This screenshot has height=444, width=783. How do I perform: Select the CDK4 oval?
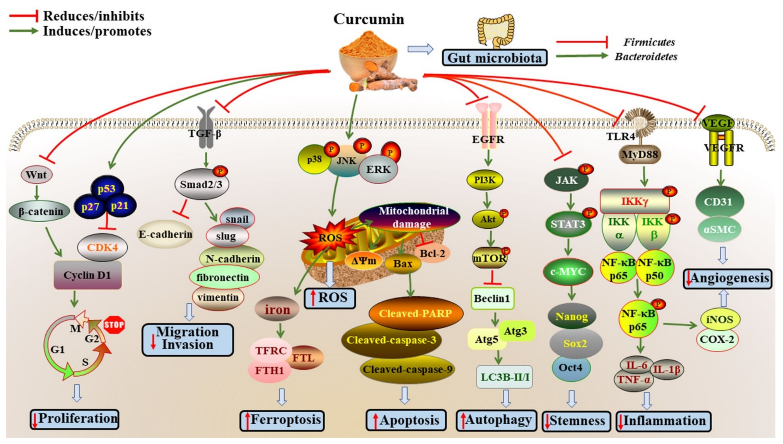click(x=102, y=247)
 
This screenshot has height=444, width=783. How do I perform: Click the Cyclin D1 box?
click(x=88, y=275)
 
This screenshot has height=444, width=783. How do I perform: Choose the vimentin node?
click(x=218, y=297)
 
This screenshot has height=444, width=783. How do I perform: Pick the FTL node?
click(x=304, y=357)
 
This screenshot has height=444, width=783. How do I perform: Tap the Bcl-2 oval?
click(x=432, y=253)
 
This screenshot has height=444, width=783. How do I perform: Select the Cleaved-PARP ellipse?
click(x=416, y=313)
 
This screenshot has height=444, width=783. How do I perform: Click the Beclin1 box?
click(x=492, y=298)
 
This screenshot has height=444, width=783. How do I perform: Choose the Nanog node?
click(x=572, y=316)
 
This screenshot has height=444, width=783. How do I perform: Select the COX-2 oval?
click(x=717, y=339)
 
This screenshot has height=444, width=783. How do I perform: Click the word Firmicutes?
click(x=649, y=42)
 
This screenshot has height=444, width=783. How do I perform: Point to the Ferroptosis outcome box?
click(x=282, y=420)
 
